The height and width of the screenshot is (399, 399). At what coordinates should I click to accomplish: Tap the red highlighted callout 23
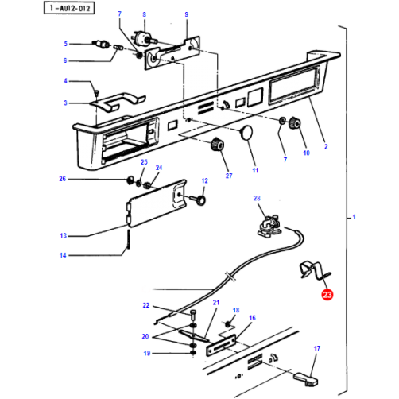click(x=327, y=295)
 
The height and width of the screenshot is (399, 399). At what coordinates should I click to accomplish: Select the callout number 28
click(x=257, y=198)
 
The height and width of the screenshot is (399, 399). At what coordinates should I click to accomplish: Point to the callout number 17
click(x=316, y=348)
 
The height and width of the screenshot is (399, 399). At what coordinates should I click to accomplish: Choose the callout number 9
click(x=187, y=15)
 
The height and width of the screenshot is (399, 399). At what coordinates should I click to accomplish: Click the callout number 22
click(x=145, y=305)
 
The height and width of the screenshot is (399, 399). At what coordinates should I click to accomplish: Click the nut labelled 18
click(x=229, y=323)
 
